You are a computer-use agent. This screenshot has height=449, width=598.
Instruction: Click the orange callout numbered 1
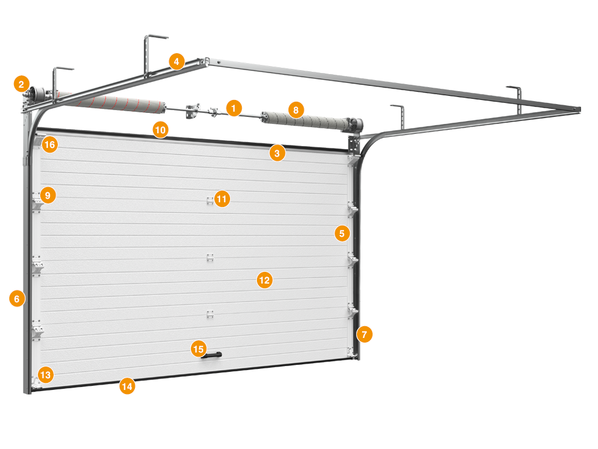(x=234, y=108)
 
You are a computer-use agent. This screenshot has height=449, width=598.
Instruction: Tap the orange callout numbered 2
(x=22, y=84)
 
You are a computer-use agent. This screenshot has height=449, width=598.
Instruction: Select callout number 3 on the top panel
(x=277, y=154)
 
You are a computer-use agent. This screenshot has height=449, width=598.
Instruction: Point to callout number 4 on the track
(x=176, y=61)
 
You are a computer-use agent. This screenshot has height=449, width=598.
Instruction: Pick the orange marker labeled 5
(x=342, y=233)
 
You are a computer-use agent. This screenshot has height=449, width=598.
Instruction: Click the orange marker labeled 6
(x=17, y=299)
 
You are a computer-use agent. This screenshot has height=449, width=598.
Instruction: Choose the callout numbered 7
(x=364, y=334)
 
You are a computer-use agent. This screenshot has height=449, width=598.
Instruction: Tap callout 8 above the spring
(x=296, y=110)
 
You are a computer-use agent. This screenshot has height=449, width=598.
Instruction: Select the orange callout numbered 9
(x=48, y=195)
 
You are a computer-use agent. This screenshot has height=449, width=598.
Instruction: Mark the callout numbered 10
(x=161, y=130)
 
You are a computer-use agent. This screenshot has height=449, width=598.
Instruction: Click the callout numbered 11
(x=222, y=199)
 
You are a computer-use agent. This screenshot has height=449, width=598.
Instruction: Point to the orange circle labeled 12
(x=265, y=280)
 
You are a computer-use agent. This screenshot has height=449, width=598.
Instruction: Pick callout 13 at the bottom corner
(x=46, y=375)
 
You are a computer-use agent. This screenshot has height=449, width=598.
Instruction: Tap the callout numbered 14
(x=127, y=386)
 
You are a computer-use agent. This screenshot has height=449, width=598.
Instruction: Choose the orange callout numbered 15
(x=199, y=349)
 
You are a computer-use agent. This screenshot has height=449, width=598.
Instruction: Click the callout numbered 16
(x=50, y=145)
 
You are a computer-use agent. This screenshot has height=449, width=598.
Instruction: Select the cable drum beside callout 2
(x=37, y=94)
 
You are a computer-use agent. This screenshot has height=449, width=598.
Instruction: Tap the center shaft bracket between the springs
(x=193, y=110)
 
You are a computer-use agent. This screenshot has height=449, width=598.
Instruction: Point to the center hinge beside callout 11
(x=210, y=201)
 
